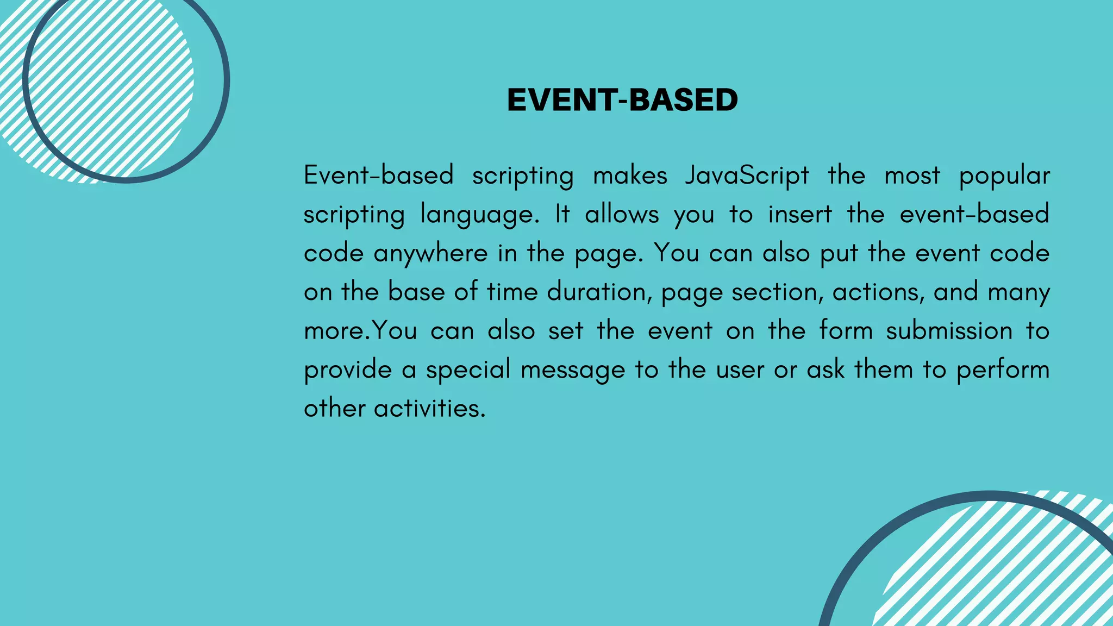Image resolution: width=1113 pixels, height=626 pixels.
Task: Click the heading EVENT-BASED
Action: [x=622, y=100]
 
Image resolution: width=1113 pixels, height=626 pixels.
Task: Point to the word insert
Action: [x=799, y=214]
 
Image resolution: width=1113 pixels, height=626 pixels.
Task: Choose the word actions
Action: [x=878, y=292]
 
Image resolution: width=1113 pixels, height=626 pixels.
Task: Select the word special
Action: [x=468, y=370]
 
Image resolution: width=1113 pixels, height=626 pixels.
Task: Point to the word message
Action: [x=573, y=370]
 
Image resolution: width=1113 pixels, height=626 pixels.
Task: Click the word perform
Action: [x=1003, y=370]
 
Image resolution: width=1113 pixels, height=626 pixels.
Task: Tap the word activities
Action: [x=429, y=408]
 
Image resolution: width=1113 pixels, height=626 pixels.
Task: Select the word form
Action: [x=846, y=330]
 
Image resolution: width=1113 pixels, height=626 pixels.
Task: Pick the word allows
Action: [x=622, y=214]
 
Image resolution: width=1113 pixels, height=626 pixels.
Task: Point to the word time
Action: [x=511, y=292]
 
